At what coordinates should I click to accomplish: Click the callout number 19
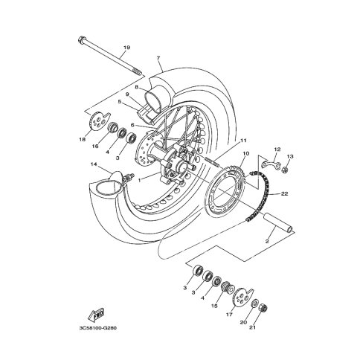(126, 48)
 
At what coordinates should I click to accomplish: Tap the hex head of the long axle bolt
(81, 39)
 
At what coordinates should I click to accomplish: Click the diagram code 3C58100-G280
(98, 328)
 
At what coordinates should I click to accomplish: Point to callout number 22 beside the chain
(284, 193)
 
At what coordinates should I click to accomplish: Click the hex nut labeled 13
(286, 170)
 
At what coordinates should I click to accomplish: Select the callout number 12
(277, 150)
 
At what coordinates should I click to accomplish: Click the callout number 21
(252, 327)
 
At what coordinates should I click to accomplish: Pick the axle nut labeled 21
(263, 308)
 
